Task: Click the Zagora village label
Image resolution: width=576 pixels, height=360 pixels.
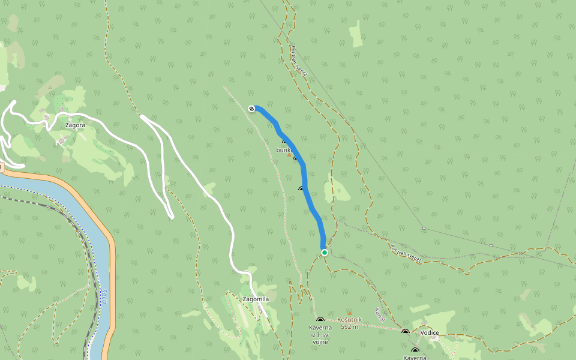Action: pyautogui.click(x=74, y=125)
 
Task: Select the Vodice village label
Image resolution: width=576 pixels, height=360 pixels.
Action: pyautogui.click(x=429, y=332)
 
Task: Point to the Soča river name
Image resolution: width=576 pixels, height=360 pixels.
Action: pyautogui.click(x=103, y=292)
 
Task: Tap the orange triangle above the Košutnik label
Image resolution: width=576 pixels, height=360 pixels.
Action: pyautogui.click(x=350, y=313)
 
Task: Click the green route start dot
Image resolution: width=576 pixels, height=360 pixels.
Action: pyautogui.click(x=325, y=253)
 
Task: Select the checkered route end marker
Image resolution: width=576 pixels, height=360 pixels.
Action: pyautogui.click(x=252, y=109)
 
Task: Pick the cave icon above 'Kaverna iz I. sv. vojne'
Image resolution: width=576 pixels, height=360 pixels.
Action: pyautogui.click(x=320, y=320)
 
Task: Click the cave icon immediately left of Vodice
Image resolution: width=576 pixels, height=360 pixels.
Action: pyautogui.click(x=406, y=331)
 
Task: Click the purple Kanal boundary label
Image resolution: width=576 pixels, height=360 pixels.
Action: pyautogui.click(x=379, y=315)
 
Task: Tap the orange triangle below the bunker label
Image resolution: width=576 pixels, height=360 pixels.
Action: pyautogui.click(x=289, y=155)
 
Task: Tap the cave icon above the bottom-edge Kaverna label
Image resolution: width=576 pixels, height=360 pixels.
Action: pyautogui.click(x=415, y=350)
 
